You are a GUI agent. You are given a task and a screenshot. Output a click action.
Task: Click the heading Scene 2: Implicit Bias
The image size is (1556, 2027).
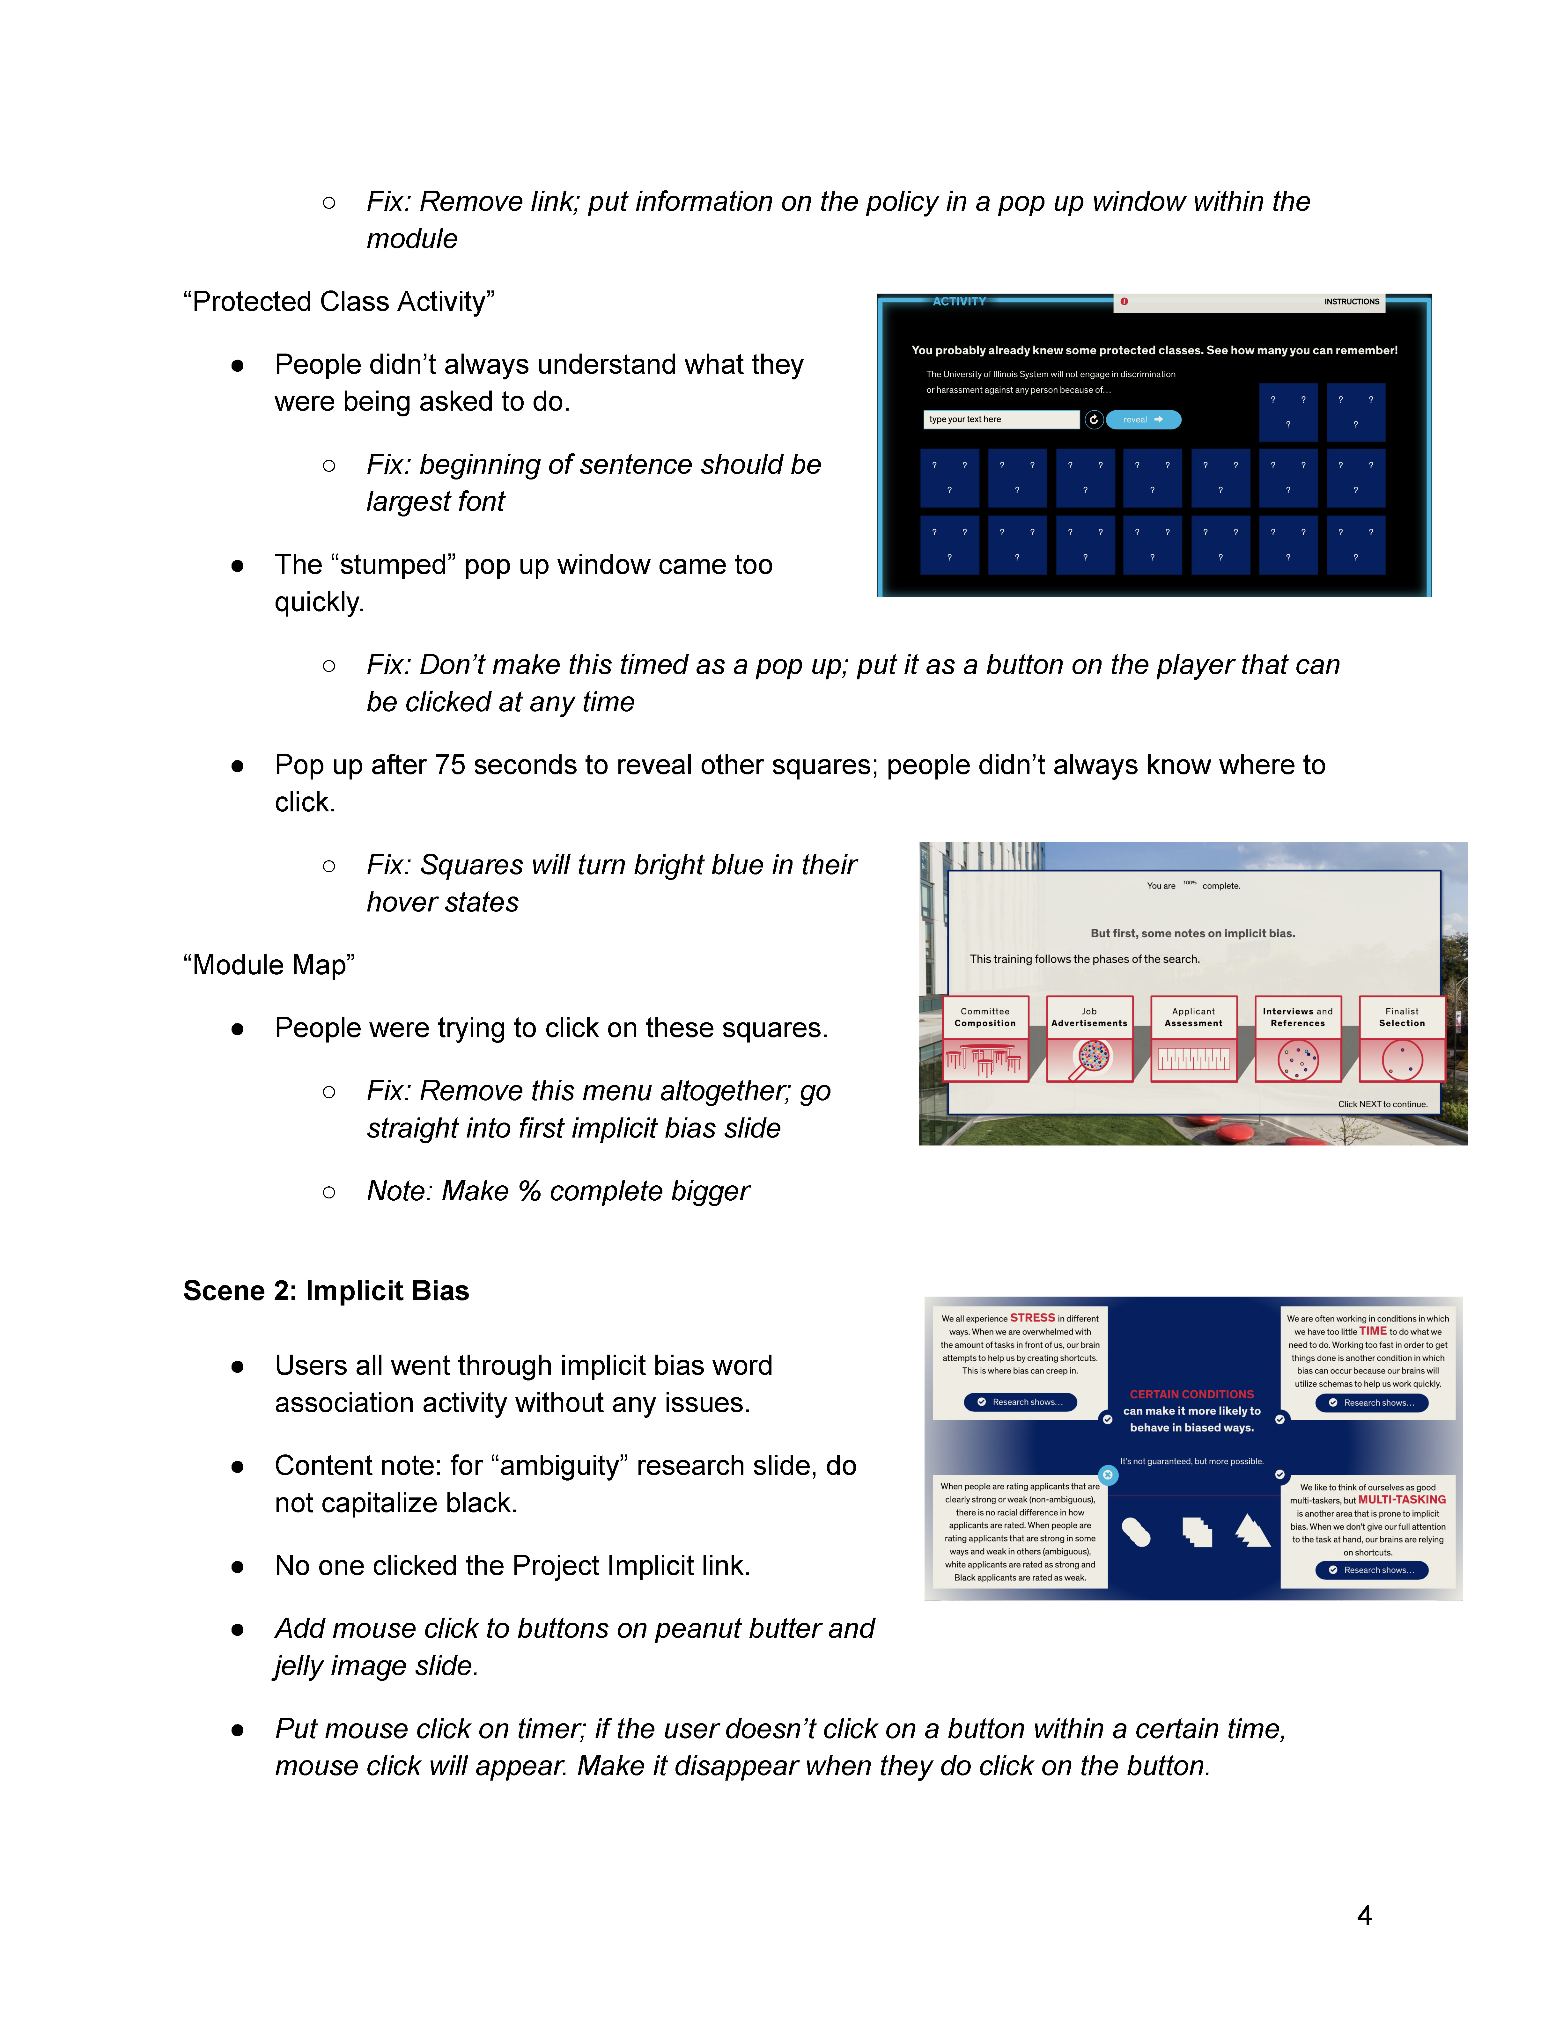(x=326, y=1291)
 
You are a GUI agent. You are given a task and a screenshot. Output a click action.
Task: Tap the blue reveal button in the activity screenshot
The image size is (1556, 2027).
(x=1143, y=420)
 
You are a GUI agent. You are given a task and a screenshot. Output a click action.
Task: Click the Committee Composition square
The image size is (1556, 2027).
(x=985, y=1038)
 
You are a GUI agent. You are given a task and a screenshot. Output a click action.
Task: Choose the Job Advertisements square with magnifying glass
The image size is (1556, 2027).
(x=1089, y=1038)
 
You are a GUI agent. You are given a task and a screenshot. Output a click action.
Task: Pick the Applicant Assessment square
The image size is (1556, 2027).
(x=1194, y=1038)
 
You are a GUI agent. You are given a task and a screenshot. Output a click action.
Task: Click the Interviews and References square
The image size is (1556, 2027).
(x=1298, y=1038)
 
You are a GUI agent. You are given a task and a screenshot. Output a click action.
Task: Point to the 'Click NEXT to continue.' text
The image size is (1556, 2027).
(x=1382, y=1104)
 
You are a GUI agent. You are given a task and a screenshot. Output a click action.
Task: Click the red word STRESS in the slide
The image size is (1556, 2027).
(x=1032, y=1318)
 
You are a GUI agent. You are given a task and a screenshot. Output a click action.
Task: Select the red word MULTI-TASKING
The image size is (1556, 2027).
(x=1401, y=1499)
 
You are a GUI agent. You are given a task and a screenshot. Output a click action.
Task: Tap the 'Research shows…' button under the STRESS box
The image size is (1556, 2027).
(x=1020, y=1402)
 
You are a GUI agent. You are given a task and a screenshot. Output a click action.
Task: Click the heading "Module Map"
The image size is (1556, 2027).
(x=269, y=965)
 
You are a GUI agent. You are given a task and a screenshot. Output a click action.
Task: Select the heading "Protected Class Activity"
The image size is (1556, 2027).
(x=339, y=302)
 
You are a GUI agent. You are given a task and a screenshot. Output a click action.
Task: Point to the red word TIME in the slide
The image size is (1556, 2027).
(x=1373, y=1331)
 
